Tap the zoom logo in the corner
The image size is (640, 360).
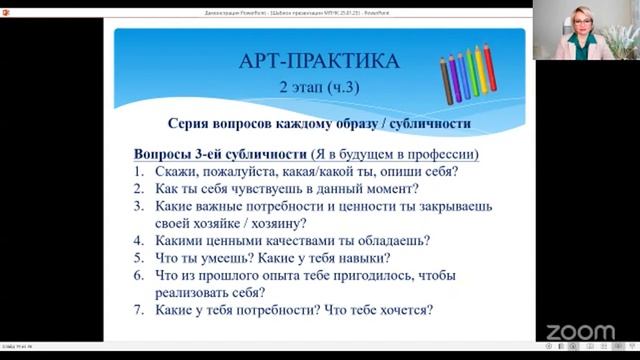[x=579, y=331]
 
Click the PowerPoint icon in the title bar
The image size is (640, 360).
[x=7, y=5]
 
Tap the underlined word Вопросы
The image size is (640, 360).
[x=163, y=154]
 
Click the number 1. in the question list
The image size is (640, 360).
[x=140, y=171]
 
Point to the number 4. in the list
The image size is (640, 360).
[x=140, y=240]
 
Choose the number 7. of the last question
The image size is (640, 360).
[x=140, y=310]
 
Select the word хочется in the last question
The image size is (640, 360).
[x=401, y=310]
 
